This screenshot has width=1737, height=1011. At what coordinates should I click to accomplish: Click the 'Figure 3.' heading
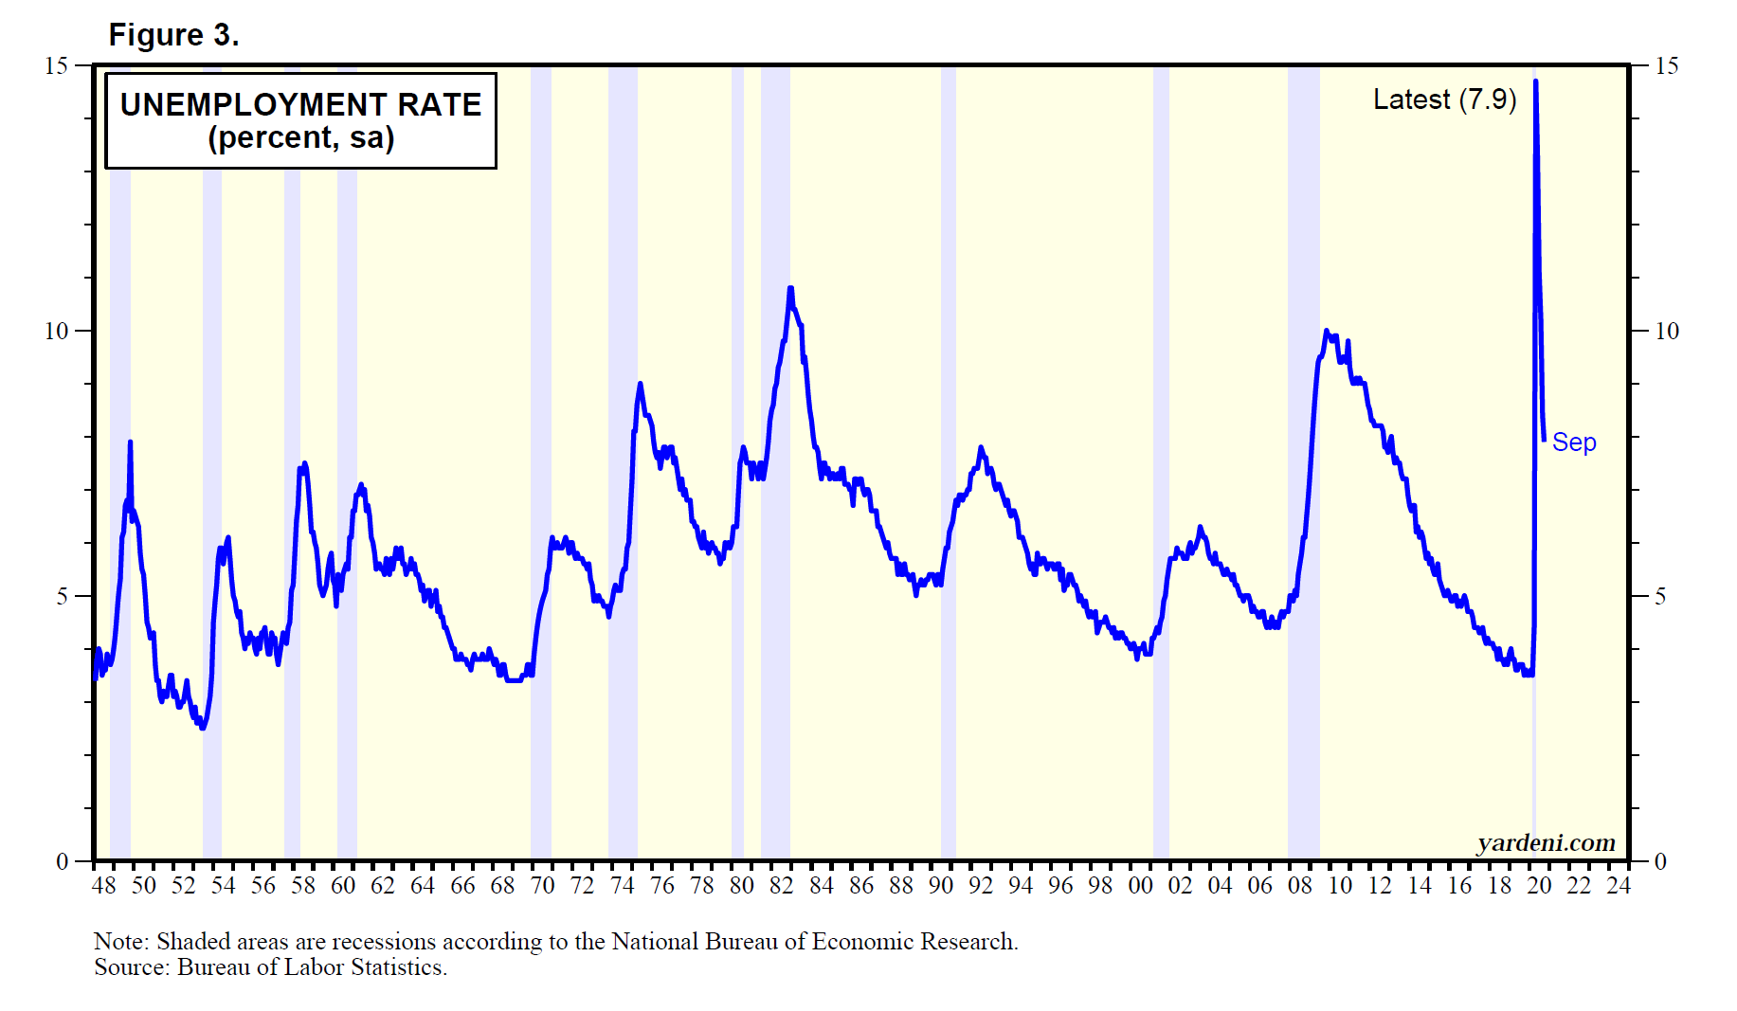coord(173,35)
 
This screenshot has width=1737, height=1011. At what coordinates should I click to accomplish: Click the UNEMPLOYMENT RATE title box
coord(300,120)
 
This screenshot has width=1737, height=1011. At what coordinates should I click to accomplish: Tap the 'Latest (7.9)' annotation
coord(1444,99)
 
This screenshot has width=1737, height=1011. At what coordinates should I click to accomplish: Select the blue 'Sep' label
coord(1573,442)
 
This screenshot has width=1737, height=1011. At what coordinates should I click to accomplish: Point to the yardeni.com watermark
coord(1546,842)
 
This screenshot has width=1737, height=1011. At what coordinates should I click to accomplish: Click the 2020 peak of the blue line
coord(1535,82)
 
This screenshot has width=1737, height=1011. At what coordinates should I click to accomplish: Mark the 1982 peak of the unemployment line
coord(790,288)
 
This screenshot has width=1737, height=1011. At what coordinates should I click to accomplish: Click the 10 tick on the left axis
coord(57,331)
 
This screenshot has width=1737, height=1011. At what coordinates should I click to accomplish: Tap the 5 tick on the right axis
coord(1659,596)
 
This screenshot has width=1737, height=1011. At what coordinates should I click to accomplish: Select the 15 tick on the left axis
coord(57,65)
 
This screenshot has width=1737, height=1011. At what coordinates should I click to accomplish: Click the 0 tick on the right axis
coord(1659,861)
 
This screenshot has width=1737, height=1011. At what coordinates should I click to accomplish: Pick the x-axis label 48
coord(103,885)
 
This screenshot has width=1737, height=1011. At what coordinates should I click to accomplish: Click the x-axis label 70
coord(542,885)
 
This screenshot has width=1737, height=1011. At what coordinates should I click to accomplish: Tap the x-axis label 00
coord(1140,885)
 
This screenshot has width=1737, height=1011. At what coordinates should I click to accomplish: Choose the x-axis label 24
coord(1619,885)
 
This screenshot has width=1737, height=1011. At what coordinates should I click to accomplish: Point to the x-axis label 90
coord(940,885)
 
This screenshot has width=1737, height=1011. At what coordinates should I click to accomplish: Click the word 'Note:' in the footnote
coord(121,941)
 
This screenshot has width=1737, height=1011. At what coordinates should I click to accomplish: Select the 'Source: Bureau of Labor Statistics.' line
coord(270,966)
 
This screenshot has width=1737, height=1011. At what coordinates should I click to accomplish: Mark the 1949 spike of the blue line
coord(130,442)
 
